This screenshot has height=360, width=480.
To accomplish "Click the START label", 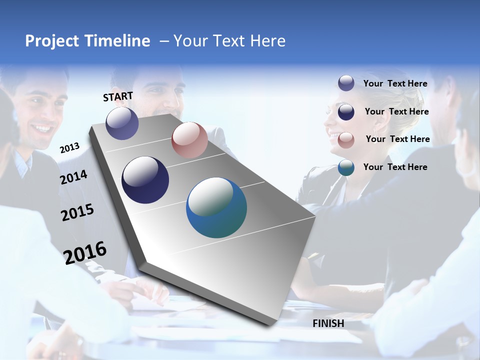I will [x=118, y=96].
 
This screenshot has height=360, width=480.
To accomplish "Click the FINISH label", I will [x=328, y=323].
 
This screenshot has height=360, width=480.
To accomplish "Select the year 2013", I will [x=70, y=147].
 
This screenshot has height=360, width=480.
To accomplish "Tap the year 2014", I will [x=74, y=177].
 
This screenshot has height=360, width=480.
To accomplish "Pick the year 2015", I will [x=77, y=212].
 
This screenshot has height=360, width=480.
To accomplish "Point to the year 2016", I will [x=85, y=252].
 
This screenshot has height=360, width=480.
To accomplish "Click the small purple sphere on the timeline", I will [x=122, y=123].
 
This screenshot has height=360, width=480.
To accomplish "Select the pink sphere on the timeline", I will [x=189, y=140].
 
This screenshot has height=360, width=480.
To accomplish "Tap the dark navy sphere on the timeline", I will [x=145, y=180].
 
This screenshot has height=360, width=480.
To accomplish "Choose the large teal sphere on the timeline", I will [x=216, y=207].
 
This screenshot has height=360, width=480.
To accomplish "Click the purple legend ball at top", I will [x=346, y=83].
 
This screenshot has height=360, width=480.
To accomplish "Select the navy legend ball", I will [x=346, y=111].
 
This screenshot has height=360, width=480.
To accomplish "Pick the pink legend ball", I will [x=346, y=139].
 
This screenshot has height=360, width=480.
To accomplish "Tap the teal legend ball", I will [x=346, y=167].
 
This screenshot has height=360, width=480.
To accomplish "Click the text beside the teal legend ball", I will [x=395, y=167].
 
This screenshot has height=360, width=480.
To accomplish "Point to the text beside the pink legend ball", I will [x=397, y=139].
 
